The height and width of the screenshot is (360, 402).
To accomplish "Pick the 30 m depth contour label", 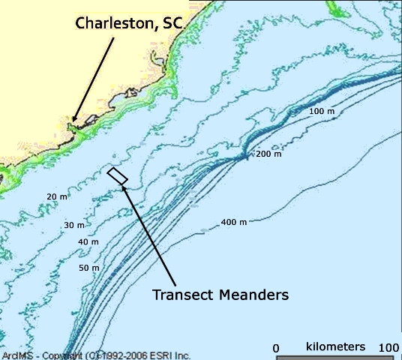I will (74, 225).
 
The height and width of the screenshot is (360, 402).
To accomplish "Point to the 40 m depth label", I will (88, 242).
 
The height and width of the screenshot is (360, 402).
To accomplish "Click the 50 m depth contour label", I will (89, 268).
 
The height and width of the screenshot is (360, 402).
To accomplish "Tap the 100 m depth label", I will (320, 111).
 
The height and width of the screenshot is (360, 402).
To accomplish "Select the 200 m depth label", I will (268, 154).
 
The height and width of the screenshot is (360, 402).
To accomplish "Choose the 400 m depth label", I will (232, 223).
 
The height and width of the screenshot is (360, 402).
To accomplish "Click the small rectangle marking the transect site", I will (118, 175).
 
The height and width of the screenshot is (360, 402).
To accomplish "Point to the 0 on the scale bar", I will (276, 348).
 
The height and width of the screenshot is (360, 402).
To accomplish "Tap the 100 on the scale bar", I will (389, 348).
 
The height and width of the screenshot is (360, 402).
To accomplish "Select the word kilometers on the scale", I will (335, 346).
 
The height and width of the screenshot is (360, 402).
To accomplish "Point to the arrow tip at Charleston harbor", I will (73, 120).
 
